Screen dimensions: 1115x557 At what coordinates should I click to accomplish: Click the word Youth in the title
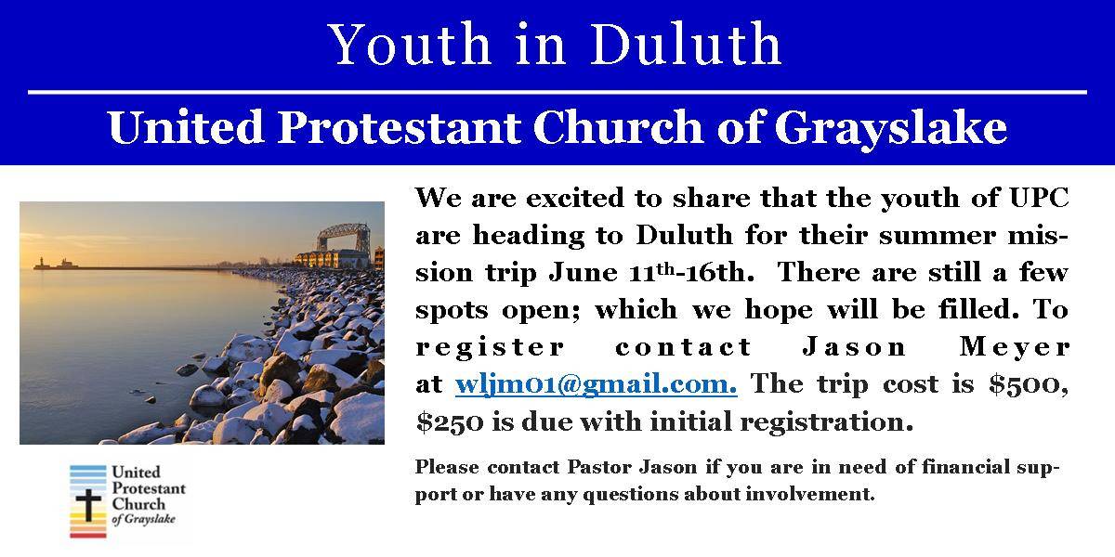pos(409,44)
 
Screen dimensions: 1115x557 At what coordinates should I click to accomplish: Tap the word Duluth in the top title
pos(686,44)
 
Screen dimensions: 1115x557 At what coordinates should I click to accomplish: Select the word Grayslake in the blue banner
pos(890,129)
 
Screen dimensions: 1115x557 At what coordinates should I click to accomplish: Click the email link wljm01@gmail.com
pos(596,385)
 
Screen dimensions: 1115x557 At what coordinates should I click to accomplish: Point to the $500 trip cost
pos(1029,384)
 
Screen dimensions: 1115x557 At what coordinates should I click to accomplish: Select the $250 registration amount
pos(450,421)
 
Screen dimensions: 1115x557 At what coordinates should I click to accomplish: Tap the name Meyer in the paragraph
pos(1015,347)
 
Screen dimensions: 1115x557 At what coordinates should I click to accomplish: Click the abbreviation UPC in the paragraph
pos(1040,198)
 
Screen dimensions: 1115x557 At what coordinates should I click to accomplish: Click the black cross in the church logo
pos(88,504)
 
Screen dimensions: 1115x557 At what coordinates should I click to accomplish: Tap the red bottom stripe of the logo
pos(88,535)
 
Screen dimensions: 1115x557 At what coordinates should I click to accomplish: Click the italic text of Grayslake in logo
pos(144,519)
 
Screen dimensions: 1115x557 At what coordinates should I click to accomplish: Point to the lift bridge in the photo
pos(344,237)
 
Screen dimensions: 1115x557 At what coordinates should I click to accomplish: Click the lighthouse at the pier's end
pos(42,263)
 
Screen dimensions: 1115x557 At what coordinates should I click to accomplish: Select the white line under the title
pos(557,92)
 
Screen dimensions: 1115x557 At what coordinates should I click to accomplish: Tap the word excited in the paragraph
pos(573,198)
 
